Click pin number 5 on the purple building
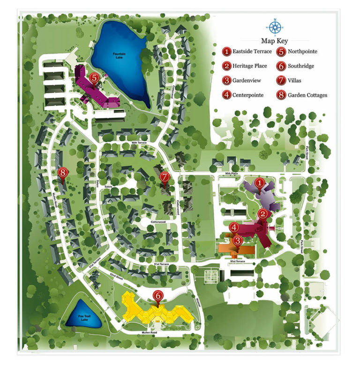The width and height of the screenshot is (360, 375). (94, 78)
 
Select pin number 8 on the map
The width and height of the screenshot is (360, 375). (64, 173)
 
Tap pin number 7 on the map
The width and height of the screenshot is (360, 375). (164, 176)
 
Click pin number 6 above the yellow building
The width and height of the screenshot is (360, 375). (158, 295)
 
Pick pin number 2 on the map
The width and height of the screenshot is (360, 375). (263, 214)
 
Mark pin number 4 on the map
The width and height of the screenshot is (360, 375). (234, 227)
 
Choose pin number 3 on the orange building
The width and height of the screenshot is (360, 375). (238, 240)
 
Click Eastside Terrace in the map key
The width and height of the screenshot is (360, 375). (253, 51)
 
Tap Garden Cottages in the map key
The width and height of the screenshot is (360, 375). (307, 95)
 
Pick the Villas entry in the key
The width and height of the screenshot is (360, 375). (295, 80)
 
